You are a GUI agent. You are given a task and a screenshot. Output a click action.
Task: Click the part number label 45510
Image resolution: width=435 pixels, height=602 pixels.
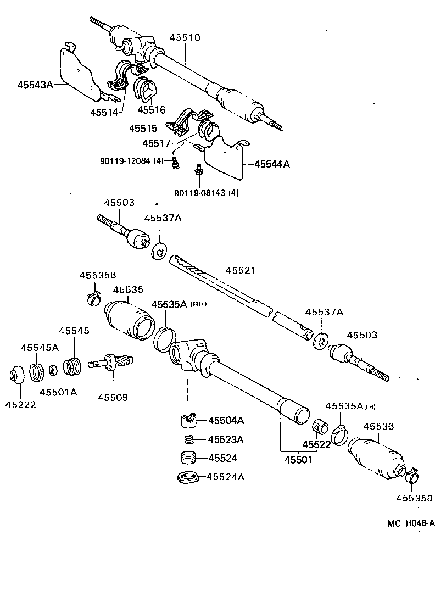[185, 38]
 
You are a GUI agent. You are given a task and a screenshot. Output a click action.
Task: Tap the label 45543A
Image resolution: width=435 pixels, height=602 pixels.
[35, 85]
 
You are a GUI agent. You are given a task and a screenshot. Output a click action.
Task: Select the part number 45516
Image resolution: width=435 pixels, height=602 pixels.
[151, 110]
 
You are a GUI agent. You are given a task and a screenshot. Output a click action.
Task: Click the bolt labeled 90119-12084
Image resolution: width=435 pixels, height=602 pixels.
[175, 163]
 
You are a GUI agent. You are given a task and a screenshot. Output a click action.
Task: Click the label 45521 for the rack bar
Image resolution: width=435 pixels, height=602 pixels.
[240, 271]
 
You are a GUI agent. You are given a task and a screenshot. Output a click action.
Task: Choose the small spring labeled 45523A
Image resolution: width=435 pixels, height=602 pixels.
[189, 439]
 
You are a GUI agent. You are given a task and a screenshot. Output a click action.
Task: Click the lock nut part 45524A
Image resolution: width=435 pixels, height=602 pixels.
[188, 477]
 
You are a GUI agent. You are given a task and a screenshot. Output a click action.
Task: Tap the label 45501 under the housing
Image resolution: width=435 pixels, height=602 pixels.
[298, 459]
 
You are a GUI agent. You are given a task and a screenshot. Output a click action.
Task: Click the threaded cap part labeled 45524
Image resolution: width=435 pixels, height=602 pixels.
[189, 458]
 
